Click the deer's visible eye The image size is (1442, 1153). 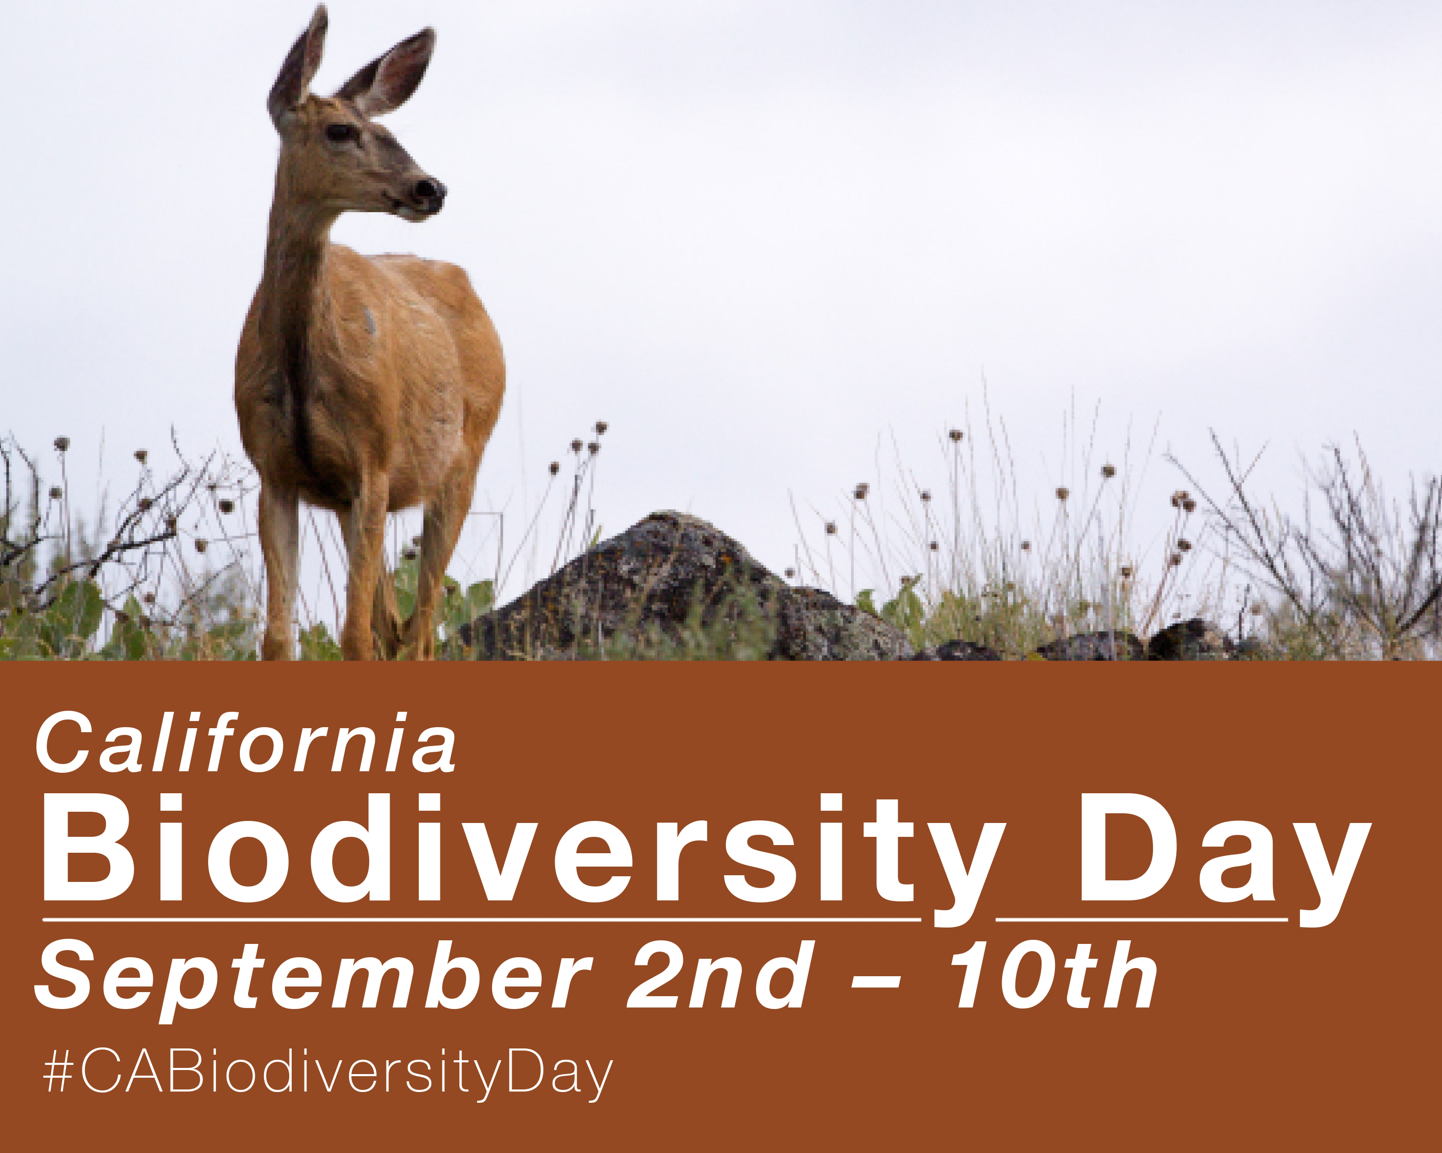[341, 132]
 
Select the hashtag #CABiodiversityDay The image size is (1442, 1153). [328, 1074]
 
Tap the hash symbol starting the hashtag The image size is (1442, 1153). [59, 1072]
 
